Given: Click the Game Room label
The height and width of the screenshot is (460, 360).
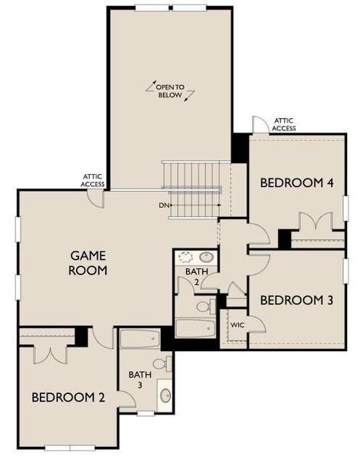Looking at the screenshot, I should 89,262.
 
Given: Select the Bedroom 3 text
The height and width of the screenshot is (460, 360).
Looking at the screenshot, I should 296,300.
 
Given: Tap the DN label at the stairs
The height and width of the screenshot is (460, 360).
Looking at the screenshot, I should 162,205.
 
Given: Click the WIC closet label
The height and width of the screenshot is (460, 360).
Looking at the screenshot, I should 237,325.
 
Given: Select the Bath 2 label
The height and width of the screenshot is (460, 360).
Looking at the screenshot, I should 193,276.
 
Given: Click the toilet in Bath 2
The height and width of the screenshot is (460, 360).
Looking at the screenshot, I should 205,307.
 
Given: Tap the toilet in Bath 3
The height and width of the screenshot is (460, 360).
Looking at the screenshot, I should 161,363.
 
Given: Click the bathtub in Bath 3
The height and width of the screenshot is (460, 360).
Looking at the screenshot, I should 139,338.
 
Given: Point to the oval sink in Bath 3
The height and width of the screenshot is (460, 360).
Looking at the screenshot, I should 165,396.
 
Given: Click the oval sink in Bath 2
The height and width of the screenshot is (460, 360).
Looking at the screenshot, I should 206,257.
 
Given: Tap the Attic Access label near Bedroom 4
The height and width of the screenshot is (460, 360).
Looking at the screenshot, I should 284,124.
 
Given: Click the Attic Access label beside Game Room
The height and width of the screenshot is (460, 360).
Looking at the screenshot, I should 93,180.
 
